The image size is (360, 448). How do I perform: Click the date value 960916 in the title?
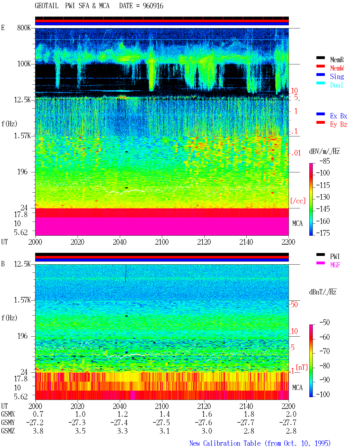coord(153,6)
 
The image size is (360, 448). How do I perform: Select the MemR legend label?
coord(337,60)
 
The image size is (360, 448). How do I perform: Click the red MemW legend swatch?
coord(320,66)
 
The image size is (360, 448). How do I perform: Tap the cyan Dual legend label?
coord(336,85)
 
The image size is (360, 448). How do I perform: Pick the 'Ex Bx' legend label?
coord(338,116)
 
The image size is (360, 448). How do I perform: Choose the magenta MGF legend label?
coord(335,265)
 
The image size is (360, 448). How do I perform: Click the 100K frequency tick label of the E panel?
coord(24,64)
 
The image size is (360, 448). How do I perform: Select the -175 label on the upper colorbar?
coord(323,233)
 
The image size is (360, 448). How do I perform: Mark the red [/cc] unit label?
coord(298,201)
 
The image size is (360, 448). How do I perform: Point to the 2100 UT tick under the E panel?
coord(162,242)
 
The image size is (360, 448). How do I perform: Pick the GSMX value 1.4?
coord(165,414)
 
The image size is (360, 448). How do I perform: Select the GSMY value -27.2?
coord(35,422)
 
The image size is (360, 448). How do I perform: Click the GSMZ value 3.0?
coord(207,431)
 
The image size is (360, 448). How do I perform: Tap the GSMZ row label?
coord(8,431)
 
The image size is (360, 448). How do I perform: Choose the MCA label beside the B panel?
coord(297,388)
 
